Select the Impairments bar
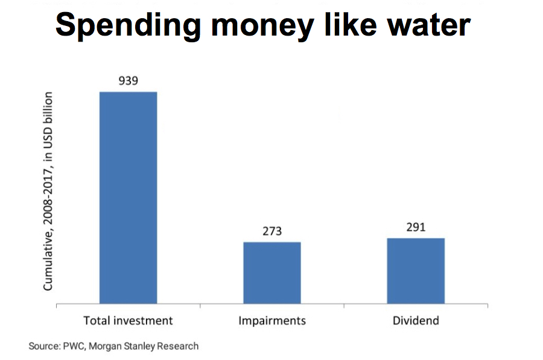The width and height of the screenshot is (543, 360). tap(271, 273)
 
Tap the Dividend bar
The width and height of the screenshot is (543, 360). tap(416, 271)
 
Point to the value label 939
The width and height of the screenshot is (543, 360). tap(128, 80)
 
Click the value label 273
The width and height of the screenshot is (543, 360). tap(271, 231)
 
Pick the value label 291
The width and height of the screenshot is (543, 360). tap(416, 227)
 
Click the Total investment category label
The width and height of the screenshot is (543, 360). tap(128, 320)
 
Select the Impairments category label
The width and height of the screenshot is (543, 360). tap(271, 320)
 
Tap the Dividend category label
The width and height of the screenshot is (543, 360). tap(416, 320)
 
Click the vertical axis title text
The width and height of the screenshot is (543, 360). tap(48, 191)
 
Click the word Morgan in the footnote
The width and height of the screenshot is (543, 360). tap(106, 347)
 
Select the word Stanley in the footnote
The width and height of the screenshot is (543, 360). tap(141, 346)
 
